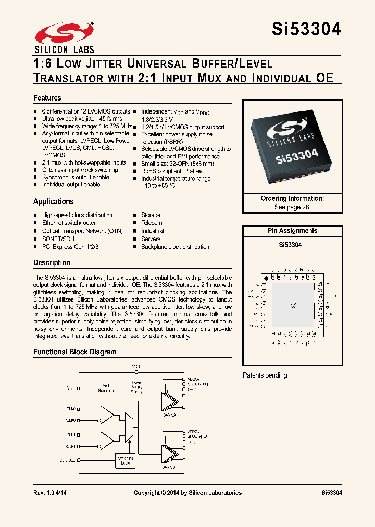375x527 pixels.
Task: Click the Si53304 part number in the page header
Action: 306,29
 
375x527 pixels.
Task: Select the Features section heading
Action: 47,98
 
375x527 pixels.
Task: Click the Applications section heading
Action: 54,202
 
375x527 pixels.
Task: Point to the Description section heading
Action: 52,262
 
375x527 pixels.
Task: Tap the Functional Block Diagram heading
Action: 75,352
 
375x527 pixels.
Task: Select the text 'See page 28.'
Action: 292,207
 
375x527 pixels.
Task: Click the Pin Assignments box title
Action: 292,231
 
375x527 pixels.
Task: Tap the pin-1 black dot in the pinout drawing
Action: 266,279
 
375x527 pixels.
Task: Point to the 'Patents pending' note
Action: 265,375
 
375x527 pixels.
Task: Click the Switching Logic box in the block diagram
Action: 125,460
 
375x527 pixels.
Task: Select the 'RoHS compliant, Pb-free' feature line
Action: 172,171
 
